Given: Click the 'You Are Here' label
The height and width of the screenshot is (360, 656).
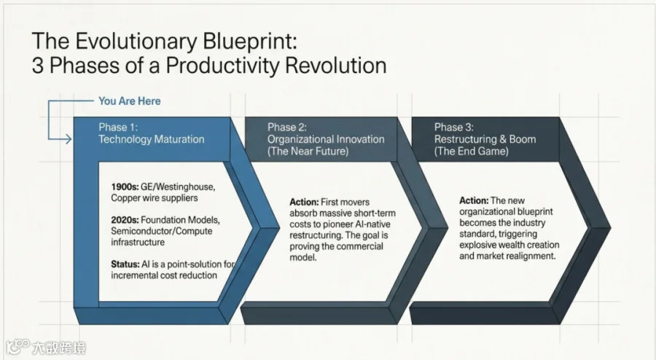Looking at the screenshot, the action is [x=129, y=101].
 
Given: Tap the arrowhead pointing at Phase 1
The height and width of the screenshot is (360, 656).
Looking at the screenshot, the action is [x=69, y=138].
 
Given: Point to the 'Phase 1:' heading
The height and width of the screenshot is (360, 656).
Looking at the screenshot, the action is [x=118, y=127].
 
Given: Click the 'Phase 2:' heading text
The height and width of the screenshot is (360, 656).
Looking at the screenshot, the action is [x=287, y=127].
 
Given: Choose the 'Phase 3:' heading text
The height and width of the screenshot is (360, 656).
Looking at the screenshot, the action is [x=453, y=127].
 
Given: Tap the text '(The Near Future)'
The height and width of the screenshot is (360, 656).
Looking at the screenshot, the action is [x=308, y=151].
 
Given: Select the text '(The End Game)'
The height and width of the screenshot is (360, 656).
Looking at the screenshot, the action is [x=471, y=151].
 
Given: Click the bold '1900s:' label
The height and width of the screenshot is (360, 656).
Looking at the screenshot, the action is [x=125, y=187].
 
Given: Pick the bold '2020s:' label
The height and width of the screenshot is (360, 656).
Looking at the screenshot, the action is [x=125, y=220].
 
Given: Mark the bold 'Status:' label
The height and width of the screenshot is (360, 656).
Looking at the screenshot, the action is [x=125, y=265].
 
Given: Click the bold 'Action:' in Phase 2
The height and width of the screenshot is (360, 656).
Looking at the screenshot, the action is [x=304, y=202].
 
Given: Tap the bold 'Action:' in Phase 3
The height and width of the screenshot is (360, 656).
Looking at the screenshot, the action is [x=474, y=200].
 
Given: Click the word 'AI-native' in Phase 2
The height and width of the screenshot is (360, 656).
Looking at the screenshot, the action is [x=370, y=224].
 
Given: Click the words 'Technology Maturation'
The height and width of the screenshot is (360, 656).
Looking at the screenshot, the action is [x=152, y=139].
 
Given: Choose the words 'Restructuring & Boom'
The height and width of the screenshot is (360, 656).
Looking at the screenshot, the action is [x=485, y=139].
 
